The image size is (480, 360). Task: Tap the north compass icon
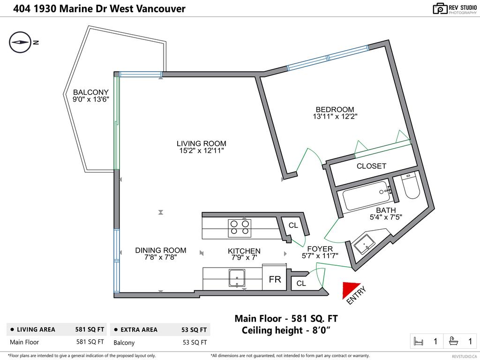[20, 42]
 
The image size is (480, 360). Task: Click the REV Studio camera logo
[440, 8]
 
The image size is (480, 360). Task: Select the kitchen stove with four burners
[239, 227]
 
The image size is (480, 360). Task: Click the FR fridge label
[275, 280]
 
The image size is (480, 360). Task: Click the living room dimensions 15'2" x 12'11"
[201, 151]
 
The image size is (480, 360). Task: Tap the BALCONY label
[90, 92]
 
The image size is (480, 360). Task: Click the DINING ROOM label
[161, 250]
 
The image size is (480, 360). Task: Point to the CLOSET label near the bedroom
[371, 166]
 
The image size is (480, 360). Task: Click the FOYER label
[320, 249]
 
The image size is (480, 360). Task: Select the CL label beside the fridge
[301, 283]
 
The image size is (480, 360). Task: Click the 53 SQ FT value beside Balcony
[195, 342]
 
